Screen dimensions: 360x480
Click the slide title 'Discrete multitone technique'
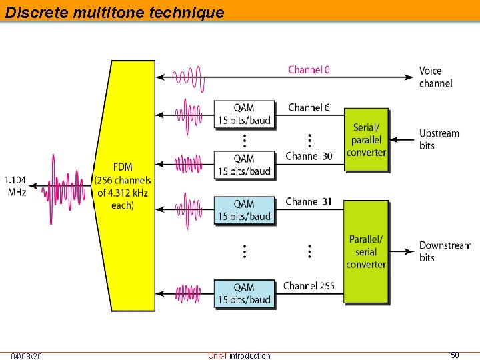[x=115, y=12]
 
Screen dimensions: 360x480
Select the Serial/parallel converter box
[x=366, y=139]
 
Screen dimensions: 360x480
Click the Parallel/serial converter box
[x=366, y=251]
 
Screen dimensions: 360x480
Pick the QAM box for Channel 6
[x=244, y=114]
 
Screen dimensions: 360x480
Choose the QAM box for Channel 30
[x=244, y=165]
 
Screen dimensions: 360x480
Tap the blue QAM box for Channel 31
[x=244, y=210]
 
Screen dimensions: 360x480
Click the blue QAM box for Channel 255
[x=244, y=293]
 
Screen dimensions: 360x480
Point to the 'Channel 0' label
[x=309, y=69]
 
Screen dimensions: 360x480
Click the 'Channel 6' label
[x=309, y=107]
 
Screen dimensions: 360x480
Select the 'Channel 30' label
[x=309, y=156]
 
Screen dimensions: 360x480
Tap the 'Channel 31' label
[x=309, y=201]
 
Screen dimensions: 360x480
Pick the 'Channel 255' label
[x=309, y=286]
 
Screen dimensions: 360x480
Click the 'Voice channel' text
[x=435, y=77]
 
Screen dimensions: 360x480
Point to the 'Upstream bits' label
[x=439, y=139]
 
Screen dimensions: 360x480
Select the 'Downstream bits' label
[x=445, y=251]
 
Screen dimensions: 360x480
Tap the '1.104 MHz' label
[x=15, y=185]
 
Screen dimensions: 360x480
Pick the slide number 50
[x=455, y=355]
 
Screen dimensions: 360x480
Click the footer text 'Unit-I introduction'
[x=239, y=356]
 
